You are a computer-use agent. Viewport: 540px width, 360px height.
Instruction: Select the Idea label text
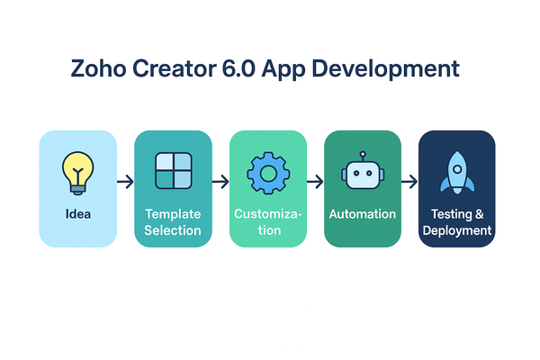[x=77, y=215]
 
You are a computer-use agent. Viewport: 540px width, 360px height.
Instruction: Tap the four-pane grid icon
[x=173, y=171]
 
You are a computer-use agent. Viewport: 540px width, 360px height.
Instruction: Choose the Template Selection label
[x=173, y=222]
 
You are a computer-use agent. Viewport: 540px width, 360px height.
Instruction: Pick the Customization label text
[x=268, y=222]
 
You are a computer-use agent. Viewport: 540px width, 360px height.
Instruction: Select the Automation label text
[x=363, y=215]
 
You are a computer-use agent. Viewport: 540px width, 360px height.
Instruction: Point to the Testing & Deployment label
[x=457, y=222]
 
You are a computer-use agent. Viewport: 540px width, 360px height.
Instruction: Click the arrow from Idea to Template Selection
[x=125, y=183]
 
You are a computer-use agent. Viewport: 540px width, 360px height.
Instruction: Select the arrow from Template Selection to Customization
[x=220, y=183]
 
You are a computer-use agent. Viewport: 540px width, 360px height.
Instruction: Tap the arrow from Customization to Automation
[x=315, y=183]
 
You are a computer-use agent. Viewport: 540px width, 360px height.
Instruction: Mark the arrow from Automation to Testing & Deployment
[x=409, y=183]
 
